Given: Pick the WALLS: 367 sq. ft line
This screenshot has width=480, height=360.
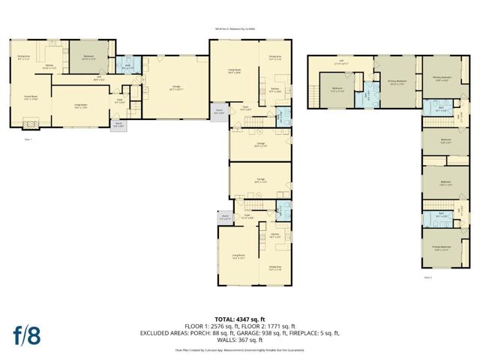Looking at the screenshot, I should tap(239, 340).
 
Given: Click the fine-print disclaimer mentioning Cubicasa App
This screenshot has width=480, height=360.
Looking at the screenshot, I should tap(239, 349).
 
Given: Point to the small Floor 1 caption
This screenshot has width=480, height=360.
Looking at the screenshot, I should tap(29, 139).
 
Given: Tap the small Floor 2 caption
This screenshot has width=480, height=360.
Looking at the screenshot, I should tap(428, 277).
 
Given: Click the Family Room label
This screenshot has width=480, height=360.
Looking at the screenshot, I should tap(31, 97).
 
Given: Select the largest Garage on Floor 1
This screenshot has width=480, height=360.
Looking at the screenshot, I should tap(177, 88).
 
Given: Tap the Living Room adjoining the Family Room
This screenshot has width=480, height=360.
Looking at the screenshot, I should tap(80, 105).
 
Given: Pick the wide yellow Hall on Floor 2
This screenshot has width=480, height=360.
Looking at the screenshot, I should tap(340, 63).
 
